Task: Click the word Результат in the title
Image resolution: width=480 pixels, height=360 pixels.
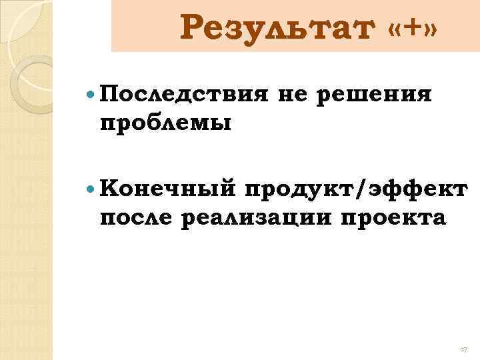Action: (x=275, y=29)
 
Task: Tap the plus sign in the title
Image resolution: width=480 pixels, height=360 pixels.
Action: (x=413, y=27)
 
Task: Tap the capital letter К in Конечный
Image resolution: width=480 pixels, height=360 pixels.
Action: (x=107, y=189)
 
